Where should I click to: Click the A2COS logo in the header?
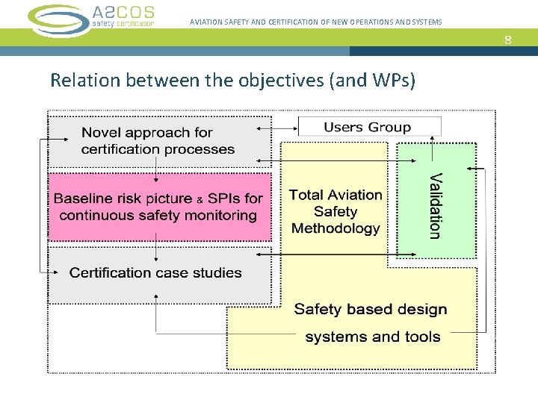coord(91,16)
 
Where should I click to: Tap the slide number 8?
coord(508,40)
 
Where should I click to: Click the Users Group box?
coord(367,127)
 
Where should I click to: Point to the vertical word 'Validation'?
coord(435,205)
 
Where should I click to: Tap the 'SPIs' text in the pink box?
coord(223,199)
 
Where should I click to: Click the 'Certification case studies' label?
coord(155,272)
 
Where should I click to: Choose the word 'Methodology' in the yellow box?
coord(336,228)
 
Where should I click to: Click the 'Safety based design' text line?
coord(371,309)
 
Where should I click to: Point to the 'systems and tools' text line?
coord(372,337)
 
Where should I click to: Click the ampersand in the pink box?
coord(200,200)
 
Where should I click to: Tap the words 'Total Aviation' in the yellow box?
coord(336,195)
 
